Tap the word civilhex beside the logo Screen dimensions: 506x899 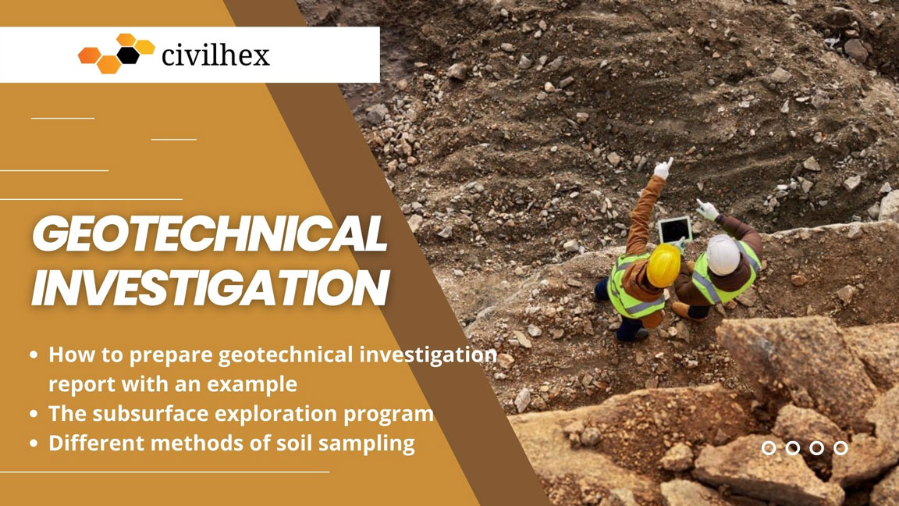pos(215,55)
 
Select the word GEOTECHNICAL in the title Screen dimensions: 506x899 pos(209,233)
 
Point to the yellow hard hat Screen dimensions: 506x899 pos(664,264)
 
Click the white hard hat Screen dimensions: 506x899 pos(723,255)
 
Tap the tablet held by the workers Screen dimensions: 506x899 pos(673,230)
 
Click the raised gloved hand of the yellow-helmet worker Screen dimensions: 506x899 pos(663,167)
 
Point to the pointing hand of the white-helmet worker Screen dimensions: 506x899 pos(707,209)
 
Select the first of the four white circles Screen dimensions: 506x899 pos(769,447)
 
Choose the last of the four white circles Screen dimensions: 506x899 pos(840,447)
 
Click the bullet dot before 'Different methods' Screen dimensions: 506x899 pos(34,444)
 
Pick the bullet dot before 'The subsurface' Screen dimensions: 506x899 pos(34,414)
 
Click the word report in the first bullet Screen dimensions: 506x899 pos(78,385)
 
